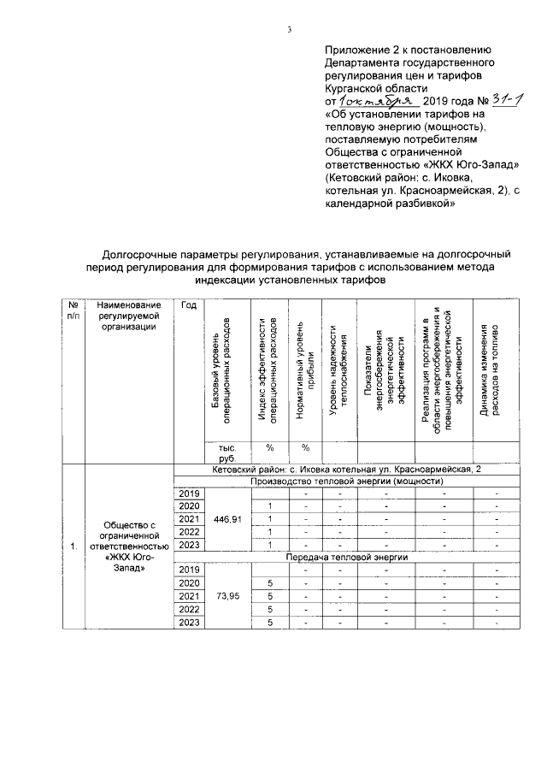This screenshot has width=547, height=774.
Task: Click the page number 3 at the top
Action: (290, 31)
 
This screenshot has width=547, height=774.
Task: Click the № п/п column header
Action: (74, 310)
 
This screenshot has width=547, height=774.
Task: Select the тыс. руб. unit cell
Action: (226, 452)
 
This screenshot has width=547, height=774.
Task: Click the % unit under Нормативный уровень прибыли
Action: (305, 447)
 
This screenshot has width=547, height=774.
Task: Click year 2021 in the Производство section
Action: (189, 519)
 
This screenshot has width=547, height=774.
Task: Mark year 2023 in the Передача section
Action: (189, 622)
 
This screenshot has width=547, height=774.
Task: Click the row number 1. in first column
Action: (74, 545)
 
